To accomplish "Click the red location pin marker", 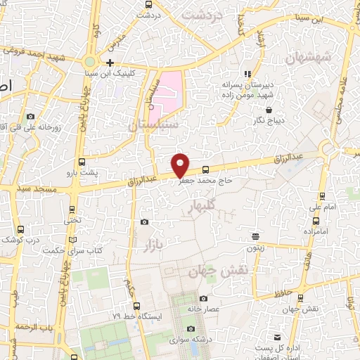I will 181,163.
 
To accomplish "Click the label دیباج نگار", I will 269,120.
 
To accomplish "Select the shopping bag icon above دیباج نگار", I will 270,109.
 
